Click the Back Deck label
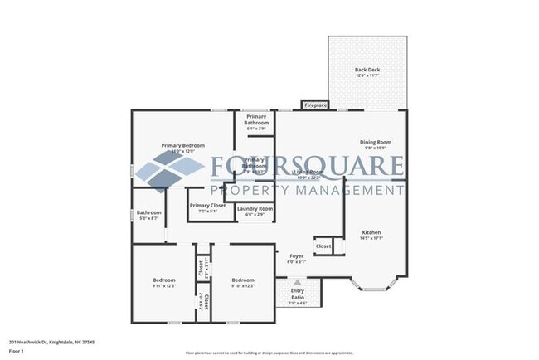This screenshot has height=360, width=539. point(367,69)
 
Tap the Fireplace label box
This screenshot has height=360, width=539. point(316,105)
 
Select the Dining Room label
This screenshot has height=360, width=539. point(375,142)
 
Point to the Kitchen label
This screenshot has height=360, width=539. point(371,232)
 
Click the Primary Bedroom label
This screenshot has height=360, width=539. point(182,145)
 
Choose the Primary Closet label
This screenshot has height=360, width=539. point(207,205)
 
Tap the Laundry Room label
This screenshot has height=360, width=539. point(255,208)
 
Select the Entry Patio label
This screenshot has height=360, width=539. point(297,292)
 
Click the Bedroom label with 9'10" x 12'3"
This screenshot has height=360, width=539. point(243,280)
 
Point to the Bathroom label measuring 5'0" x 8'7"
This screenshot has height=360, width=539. point(149,212)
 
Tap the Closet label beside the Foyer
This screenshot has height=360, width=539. point(323,246)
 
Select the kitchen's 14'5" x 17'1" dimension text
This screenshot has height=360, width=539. point(371,238)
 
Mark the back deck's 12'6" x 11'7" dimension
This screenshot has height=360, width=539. point(367,75)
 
